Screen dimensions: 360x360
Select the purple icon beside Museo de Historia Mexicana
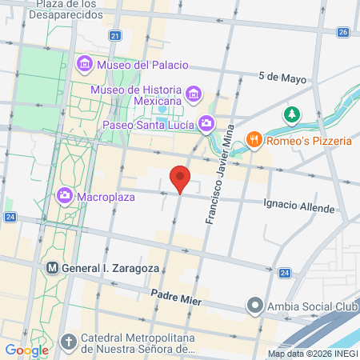pos(193,96)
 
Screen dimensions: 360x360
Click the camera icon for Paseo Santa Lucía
pos(207,123)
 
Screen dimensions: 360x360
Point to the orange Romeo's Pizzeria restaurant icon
pos(254,141)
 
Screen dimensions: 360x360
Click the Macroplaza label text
pos(104,194)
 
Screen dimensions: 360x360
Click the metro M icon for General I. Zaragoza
pos(52,268)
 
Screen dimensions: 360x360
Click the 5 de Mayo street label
pos(283,78)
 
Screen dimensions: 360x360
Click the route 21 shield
pos(116,36)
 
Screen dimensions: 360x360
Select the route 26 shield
pos(343,32)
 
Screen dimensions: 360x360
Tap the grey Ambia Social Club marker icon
pos(254,305)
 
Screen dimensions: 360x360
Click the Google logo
pos(26,350)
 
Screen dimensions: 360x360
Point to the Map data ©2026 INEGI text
pos(312,354)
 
